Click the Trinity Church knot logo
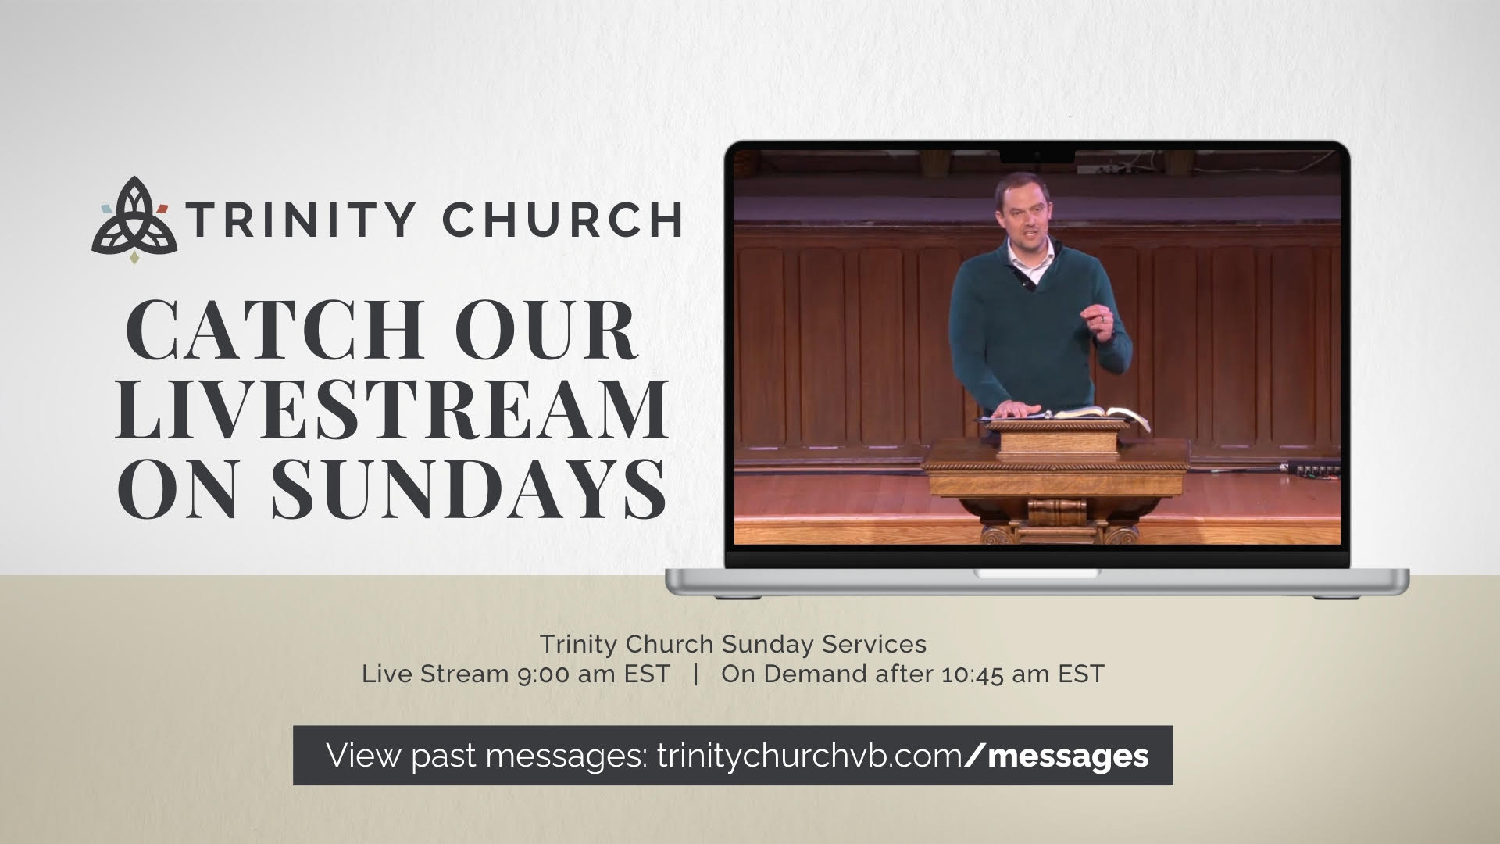click(x=134, y=220)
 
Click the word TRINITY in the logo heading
click(x=300, y=219)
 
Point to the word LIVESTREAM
click(x=391, y=409)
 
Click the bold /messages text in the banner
click(x=1057, y=756)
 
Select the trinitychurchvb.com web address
click(x=809, y=756)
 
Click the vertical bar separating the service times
click(x=695, y=674)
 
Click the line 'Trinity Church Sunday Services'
click(x=733, y=645)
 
